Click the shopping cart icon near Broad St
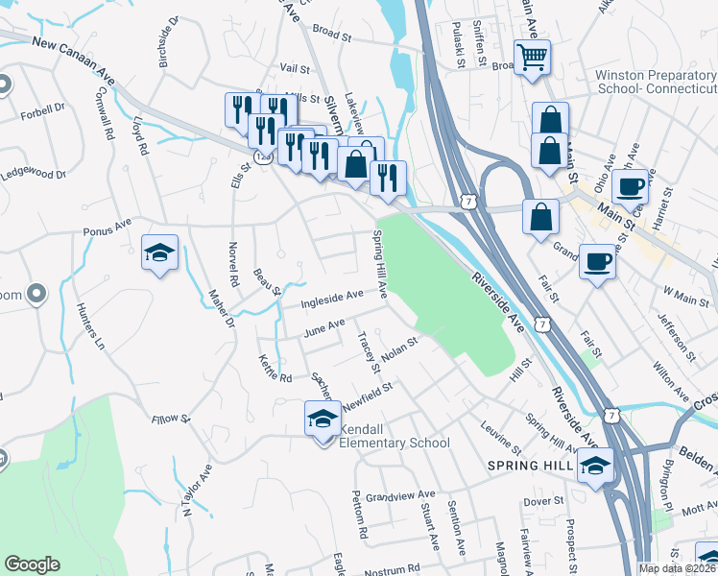tap(531, 55)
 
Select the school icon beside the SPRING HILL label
tap(595, 467)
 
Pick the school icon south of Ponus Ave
tap(159, 253)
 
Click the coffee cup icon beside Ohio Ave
tap(631, 187)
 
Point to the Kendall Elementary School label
tap(393, 437)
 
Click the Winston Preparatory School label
tap(655, 82)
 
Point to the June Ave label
tap(323, 329)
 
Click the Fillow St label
tap(172, 420)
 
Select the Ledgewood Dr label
tap(33, 175)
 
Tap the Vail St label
tap(294, 69)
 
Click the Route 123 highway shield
tap(262, 154)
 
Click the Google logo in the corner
tap(32, 564)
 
